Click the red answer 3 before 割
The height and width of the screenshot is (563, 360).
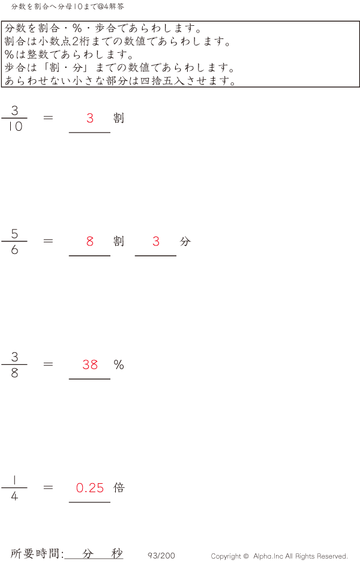coord(90,118)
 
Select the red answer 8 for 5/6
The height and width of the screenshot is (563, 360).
coord(90,241)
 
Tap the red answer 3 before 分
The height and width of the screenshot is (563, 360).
coord(156,241)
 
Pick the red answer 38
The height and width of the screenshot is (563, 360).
coord(90,364)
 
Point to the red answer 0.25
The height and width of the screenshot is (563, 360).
coord(90,488)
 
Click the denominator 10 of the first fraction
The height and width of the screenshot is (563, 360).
coord(14,127)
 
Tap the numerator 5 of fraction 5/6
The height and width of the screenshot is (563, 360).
coord(14,233)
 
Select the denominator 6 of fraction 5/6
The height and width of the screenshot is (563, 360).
coord(14,250)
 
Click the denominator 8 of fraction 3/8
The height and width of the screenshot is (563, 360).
coord(14,373)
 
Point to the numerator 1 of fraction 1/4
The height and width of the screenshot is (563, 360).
coord(14,480)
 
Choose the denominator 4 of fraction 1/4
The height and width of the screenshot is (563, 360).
coord(14,496)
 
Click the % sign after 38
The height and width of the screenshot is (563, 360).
coord(119,364)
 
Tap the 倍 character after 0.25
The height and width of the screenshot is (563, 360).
coord(119,487)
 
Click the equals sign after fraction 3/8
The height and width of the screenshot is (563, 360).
coord(49,364)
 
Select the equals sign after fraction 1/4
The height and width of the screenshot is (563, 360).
coord(49,487)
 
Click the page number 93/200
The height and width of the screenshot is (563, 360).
coord(161,556)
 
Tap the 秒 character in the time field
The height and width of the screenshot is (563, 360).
coord(116,553)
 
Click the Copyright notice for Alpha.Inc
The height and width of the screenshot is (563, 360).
coord(279,556)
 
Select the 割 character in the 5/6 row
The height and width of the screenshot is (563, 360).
coord(119,241)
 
